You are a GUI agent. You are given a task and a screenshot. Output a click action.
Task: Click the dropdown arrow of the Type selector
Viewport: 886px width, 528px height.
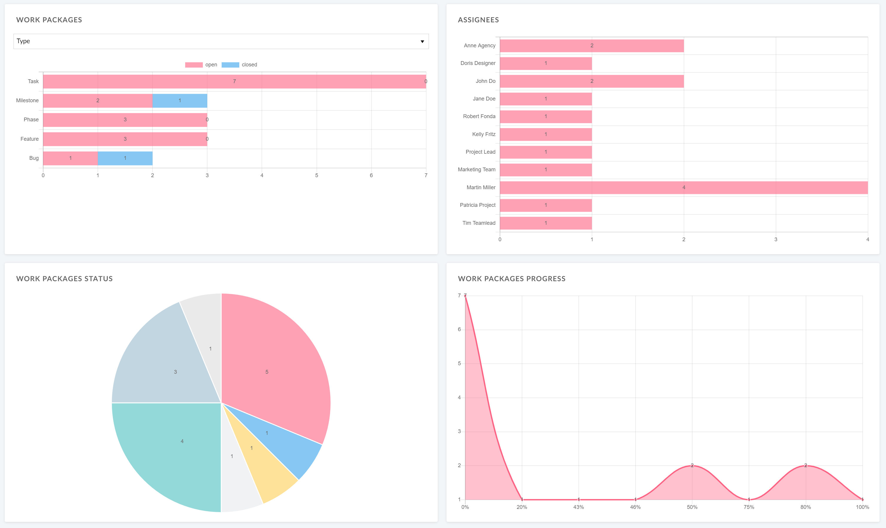point(422,42)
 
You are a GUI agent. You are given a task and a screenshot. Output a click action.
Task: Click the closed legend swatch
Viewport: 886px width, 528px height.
point(230,65)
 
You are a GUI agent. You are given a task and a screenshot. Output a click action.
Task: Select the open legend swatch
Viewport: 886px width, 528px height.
point(194,65)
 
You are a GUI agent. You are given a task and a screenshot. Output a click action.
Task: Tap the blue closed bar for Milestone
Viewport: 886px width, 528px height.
point(180,101)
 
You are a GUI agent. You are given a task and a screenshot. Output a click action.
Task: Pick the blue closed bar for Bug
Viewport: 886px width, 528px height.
point(125,158)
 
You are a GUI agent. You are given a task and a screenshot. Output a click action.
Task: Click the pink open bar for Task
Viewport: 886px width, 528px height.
point(234,81)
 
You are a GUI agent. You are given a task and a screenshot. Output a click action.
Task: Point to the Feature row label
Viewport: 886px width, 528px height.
point(30,139)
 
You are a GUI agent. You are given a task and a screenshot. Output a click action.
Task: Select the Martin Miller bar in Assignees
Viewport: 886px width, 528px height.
point(683,187)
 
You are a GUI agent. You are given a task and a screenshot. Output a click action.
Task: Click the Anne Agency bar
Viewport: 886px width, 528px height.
point(592,46)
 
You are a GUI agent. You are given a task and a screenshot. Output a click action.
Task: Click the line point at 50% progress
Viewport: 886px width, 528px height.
point(692,465)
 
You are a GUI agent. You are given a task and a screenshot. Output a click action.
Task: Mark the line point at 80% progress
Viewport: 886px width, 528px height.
point(805,465)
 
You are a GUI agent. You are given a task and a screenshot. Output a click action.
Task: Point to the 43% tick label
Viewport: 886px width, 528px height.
point(579,507)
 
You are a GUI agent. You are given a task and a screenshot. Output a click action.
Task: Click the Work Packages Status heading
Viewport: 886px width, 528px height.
point(64,279)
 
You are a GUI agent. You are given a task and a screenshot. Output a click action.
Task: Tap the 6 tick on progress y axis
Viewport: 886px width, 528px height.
point(459,329)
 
